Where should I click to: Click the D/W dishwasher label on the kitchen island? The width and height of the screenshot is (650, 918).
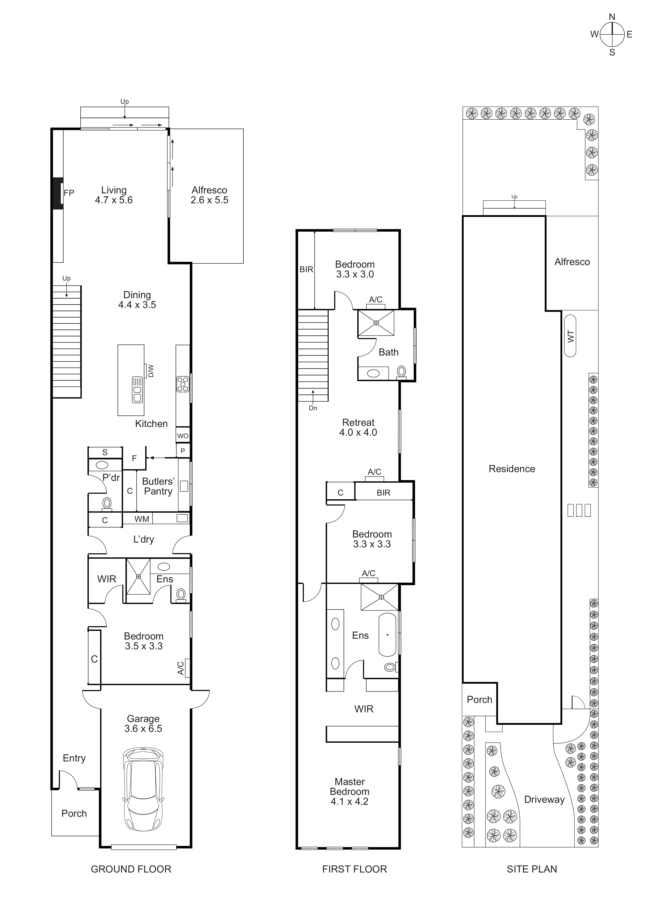150,371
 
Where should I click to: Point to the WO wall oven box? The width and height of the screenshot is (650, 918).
182,435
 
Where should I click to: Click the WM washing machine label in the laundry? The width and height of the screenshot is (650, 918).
142,519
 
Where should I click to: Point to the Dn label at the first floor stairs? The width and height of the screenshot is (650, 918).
313,408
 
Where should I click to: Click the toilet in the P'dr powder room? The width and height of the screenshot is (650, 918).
107,503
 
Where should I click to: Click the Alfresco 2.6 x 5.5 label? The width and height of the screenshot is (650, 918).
209,195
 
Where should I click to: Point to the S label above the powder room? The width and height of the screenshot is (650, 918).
105,452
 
